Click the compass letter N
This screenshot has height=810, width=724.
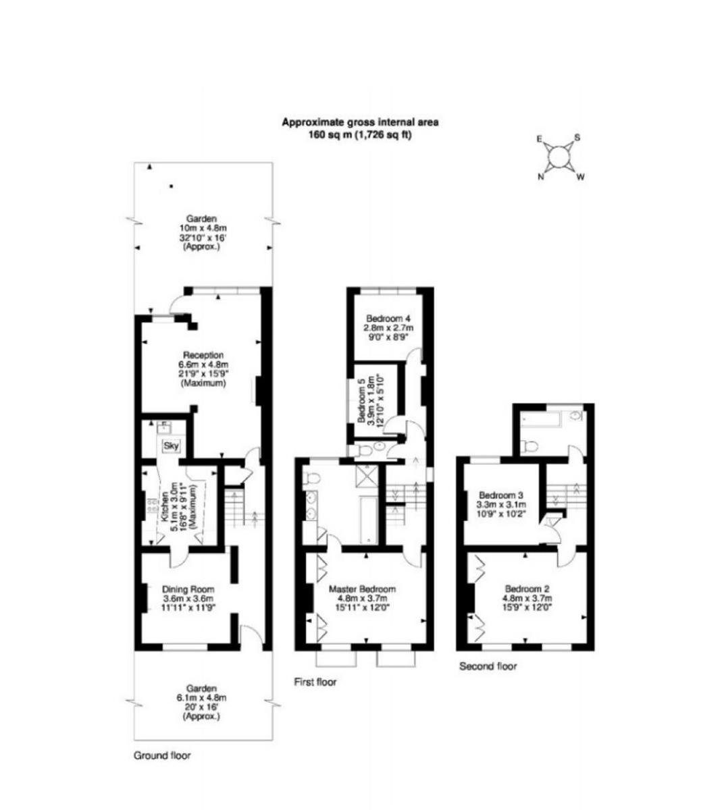(x=541, y=178)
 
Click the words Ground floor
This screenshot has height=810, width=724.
(x=161, y=756)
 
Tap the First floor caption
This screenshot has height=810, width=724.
(x=315, y=682)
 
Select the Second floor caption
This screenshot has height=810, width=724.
(x=488, y=667)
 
